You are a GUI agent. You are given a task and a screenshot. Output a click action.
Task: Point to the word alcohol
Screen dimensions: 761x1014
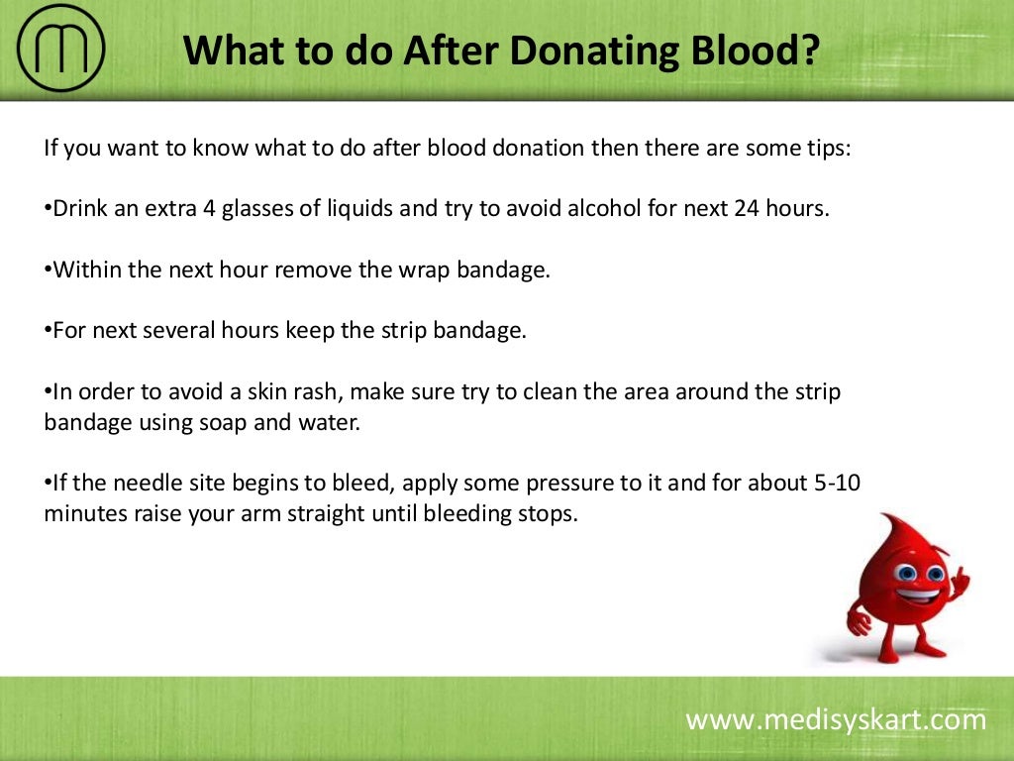(623, 210)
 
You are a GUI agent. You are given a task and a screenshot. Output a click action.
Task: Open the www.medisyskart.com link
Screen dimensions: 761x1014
(836, 719)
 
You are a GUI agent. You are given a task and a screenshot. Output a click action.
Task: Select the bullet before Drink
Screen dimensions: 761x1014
(48, 210)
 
